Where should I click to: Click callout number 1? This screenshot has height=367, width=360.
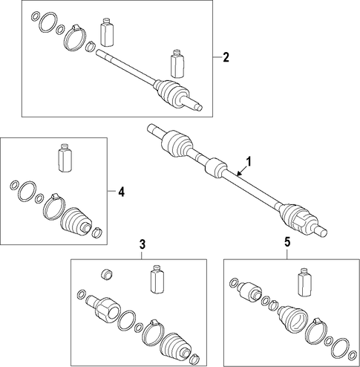pos(249,162)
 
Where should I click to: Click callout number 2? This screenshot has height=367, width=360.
pos(226,57)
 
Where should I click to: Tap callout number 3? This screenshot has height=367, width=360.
pos(143,244)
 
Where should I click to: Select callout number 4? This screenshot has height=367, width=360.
pos(121,192)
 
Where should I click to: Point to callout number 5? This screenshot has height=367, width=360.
pos(287,242)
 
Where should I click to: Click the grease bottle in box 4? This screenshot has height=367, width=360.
pos(65,157)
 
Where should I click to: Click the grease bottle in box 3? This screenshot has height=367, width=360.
pos(157,279)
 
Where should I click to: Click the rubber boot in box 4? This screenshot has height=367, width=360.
pos(76,221)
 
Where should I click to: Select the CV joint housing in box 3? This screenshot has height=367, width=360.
pos(104,309)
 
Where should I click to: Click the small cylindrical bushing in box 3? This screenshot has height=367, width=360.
pos(107,274)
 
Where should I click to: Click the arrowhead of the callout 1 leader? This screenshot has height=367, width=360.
pos(238,174)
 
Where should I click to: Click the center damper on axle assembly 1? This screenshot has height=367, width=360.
pos(216,168)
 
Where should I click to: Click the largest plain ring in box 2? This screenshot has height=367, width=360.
pos(48,22)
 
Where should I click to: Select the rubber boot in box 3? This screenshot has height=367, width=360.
pos(175,346)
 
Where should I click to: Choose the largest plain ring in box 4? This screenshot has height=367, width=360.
pos(27,192)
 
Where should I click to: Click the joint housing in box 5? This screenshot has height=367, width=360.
pos(249,290)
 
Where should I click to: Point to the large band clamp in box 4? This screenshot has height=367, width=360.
pos(54,207)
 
